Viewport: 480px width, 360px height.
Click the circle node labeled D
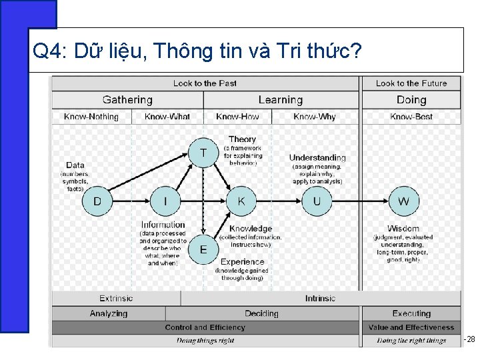[97, 201]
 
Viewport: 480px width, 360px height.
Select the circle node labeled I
[166, 201]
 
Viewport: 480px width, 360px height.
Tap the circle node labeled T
[203, 153]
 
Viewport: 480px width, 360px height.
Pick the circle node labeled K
[241, 201]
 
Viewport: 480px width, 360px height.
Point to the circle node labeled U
[317, 201]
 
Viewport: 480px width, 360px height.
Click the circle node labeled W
[404, 201]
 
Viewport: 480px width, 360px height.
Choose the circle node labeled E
[203, 249]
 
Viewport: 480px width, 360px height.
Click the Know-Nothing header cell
[91, 117]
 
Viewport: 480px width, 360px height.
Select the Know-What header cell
[167, 117]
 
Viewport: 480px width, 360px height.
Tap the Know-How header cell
[237, 117]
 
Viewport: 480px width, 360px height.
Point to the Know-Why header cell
[315, 117]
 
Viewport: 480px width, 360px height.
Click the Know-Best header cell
[411, 117]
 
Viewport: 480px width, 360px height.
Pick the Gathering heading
[127, 100]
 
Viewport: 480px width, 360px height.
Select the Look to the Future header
[411, 83]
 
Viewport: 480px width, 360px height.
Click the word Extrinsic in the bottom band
[116, 299]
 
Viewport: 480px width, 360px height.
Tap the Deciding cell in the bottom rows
[261, 313]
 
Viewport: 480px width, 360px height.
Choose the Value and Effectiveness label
[411, 327]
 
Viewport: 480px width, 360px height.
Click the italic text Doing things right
[205, 341]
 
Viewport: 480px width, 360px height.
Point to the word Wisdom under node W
[403, 229]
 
